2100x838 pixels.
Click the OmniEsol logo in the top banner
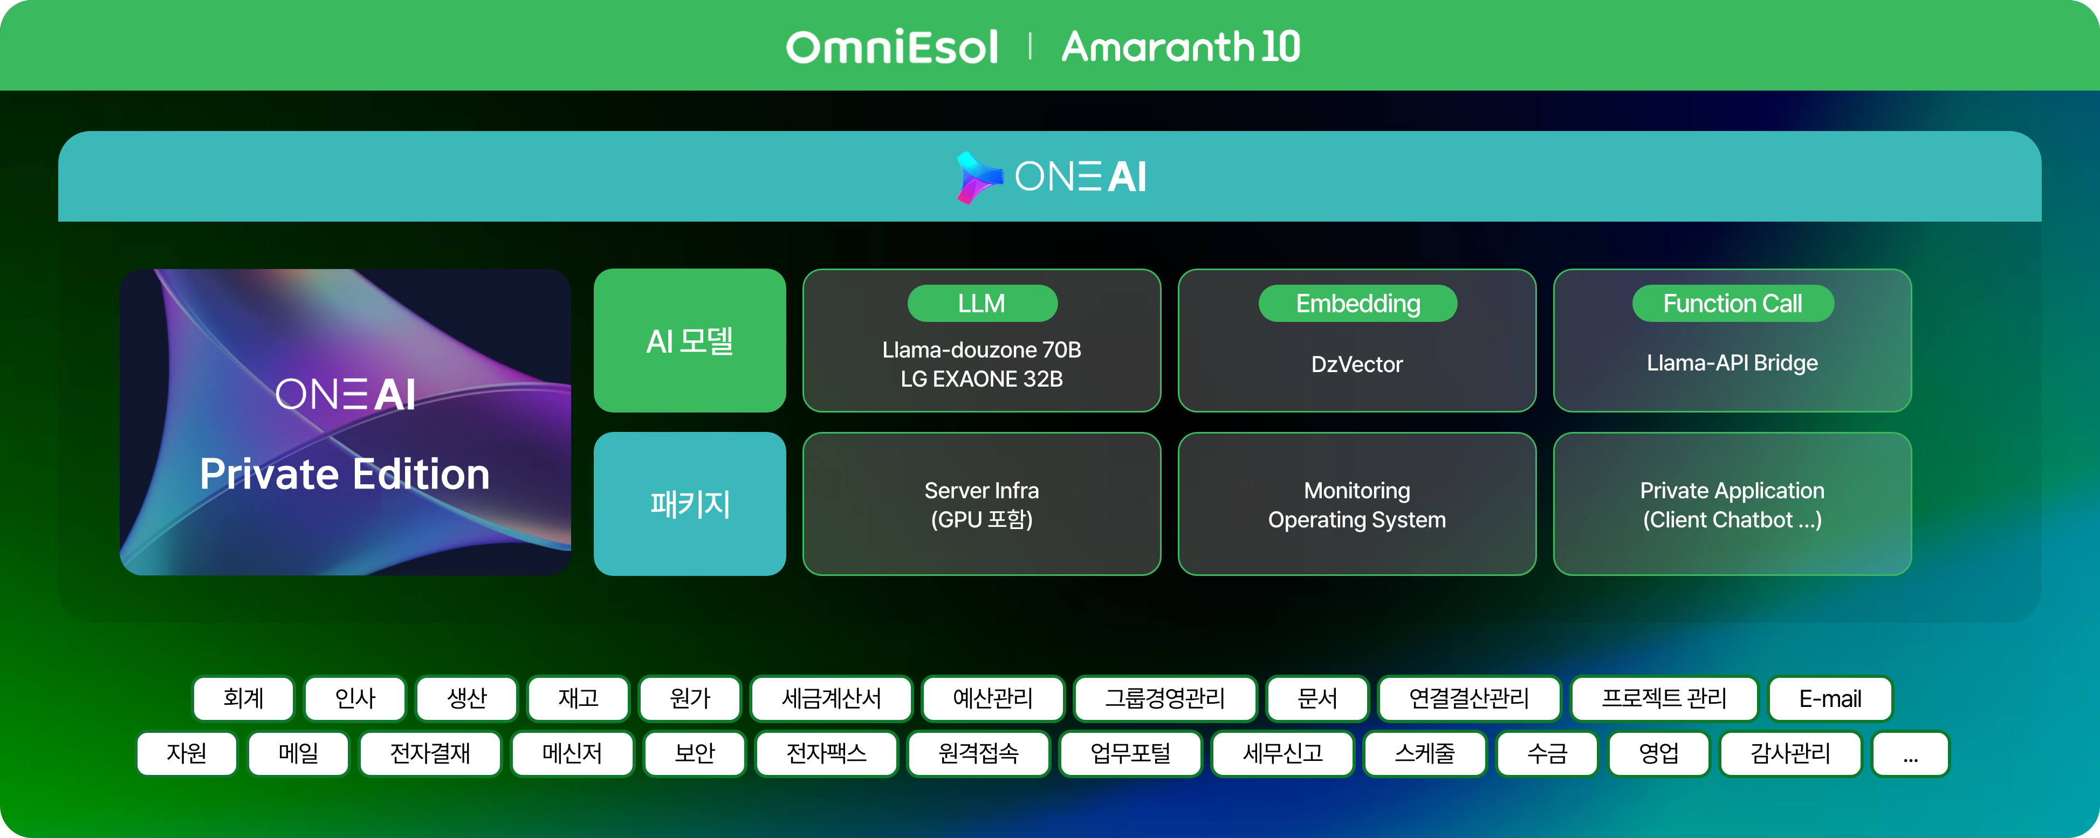click(x=892, y=46)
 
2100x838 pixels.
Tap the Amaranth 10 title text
click(x=1181, y=46)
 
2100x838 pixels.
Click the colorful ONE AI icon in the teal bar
click(x=979, y=177)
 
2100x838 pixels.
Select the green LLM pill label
click(x=983, y=303)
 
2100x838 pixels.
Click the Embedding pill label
click(x=1357, y=303)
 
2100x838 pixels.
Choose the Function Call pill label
click(x=1732, y=303)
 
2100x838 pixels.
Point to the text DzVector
click(x=1357, y=365)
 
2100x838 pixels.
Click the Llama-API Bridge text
click(x=1732, y=363)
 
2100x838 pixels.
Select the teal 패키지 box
click(x=690, y=504)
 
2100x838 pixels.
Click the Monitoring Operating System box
click(x=1357, y=504)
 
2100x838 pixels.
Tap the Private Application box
click(x=1732, y=504)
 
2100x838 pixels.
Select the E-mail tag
click(x=1830, y=699)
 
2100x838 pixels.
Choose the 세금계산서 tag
click(x=832, y=699)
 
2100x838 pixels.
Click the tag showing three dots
click(x=1911, y=754)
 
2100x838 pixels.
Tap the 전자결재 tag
click(x=430, y=754)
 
